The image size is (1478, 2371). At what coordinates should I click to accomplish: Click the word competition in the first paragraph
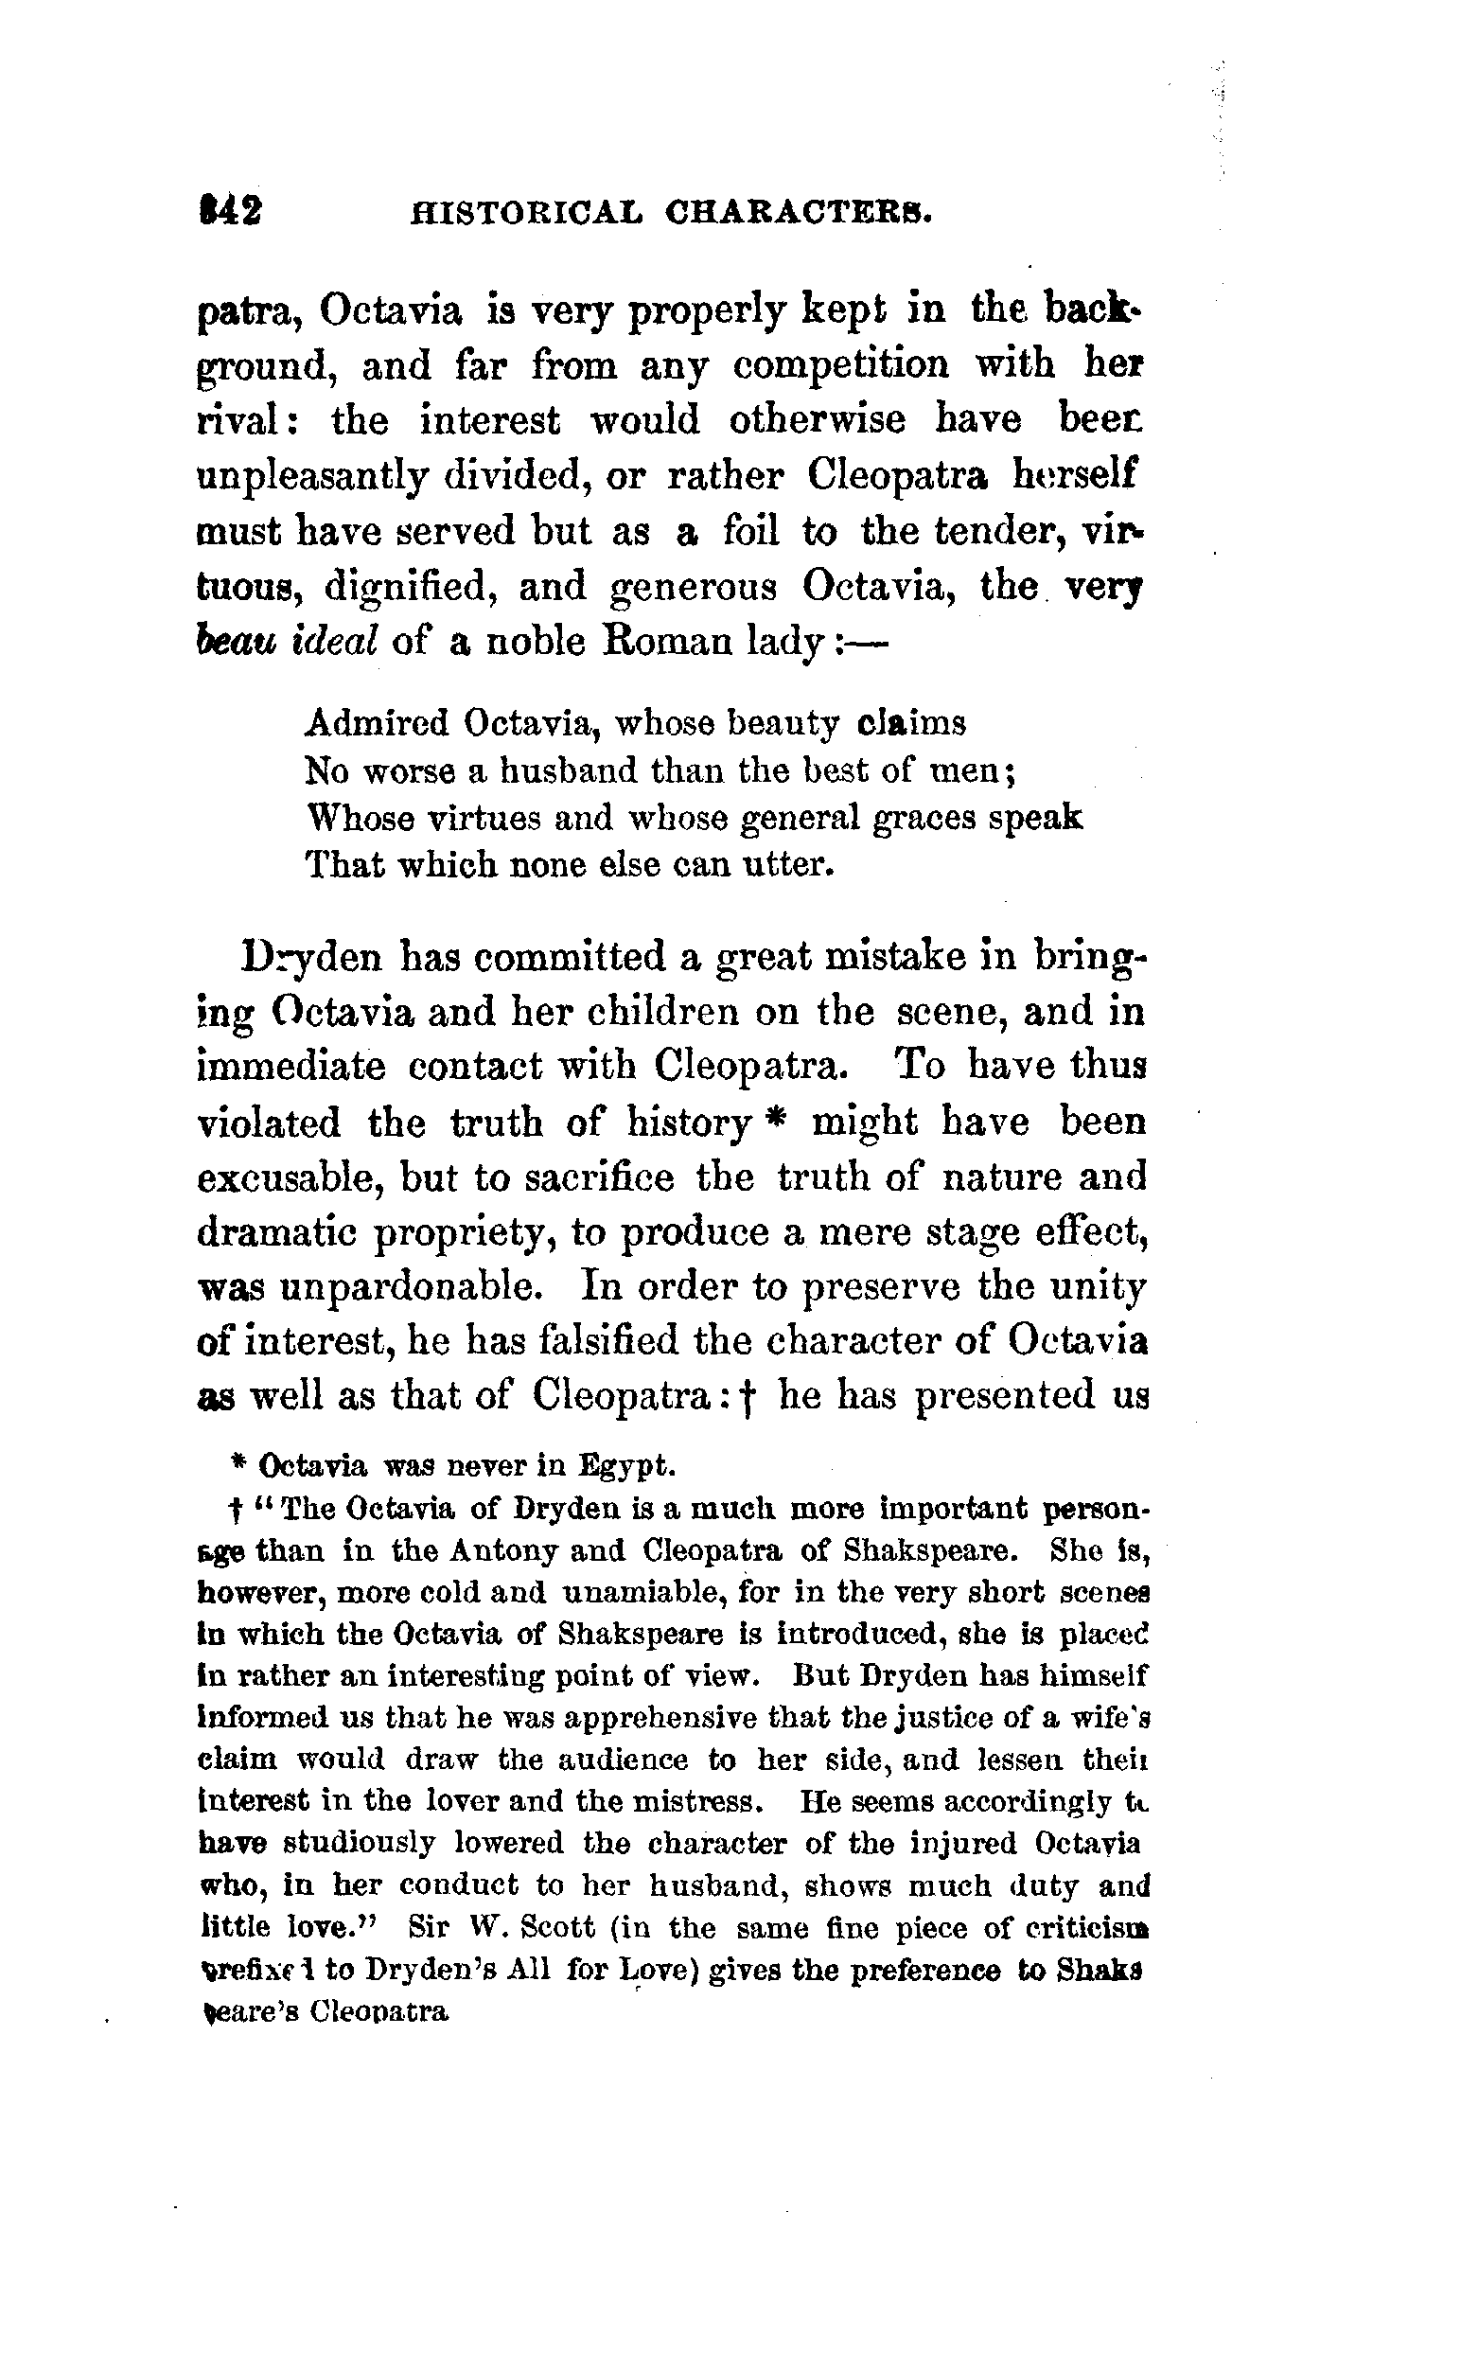840,365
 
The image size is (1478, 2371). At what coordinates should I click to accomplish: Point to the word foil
750,531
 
